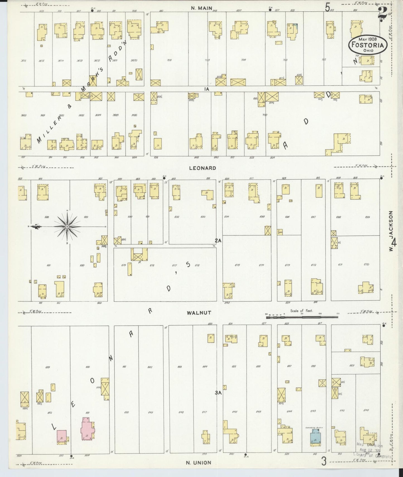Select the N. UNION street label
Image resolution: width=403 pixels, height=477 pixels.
point(199,462)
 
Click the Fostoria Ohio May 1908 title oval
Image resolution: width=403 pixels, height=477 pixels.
point(368,45)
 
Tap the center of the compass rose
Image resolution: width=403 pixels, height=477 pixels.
point(67,227)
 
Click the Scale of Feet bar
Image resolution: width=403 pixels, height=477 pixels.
point(302,317)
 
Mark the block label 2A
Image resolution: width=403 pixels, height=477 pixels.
point(218,240)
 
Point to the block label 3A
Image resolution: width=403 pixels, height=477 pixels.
point(218,393)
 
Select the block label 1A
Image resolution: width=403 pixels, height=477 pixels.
point(206,89)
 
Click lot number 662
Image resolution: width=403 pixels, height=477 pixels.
point(150,367)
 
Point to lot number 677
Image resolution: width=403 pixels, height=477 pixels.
point(175,265)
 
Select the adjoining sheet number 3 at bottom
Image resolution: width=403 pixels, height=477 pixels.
point(324,461)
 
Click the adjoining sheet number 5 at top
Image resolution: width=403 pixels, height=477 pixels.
point(327,7)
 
